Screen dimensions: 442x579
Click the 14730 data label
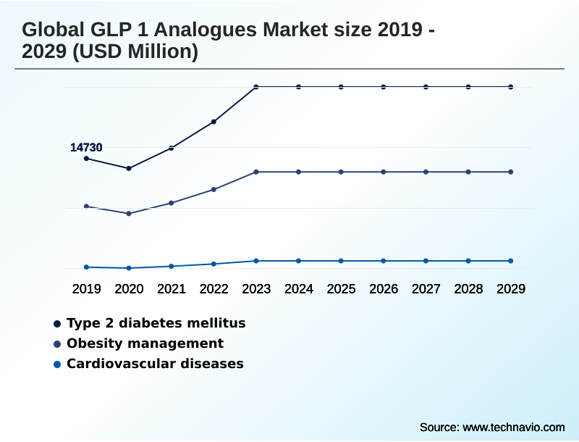click(86, 147)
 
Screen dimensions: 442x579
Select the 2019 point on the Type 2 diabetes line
click(86, 158)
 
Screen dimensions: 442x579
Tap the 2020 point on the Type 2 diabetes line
click(129, 168)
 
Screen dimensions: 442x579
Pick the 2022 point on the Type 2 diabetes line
click(214, 122)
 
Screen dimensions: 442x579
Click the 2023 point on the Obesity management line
click(256, 172)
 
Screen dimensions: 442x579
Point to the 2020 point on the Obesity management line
click(129, 214)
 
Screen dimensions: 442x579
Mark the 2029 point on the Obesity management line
click(511, 172)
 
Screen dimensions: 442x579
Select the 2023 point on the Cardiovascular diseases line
click(256, 261)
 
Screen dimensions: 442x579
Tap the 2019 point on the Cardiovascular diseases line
click(86, 267)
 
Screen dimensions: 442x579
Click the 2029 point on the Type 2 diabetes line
click(511, 87)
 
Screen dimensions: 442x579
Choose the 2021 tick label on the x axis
click(172, 288)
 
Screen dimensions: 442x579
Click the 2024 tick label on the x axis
click(299, 288)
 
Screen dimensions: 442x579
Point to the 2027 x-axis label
click(426, 288)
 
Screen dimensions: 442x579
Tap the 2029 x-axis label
click(511, 288)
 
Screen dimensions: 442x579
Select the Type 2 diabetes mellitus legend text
click(156, 323)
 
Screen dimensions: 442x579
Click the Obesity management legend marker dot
click(56, 344)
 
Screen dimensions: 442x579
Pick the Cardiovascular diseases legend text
click(155, 364)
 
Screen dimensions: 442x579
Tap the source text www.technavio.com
click(513, 427)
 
